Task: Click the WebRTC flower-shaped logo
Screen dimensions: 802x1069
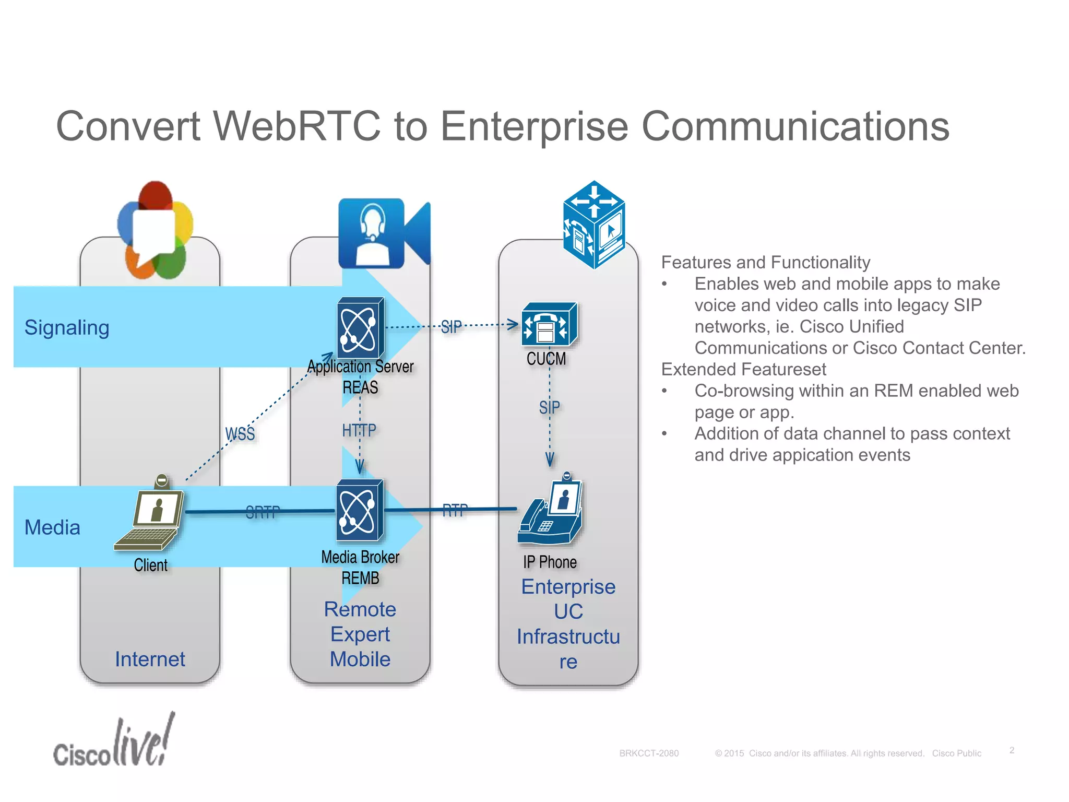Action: click(x=155, y=230)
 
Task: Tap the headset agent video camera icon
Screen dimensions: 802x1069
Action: click(x=384, y=233)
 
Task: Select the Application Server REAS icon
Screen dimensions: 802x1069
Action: click(x=360, y=327)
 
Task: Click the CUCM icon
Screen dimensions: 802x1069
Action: click(x=549, y=324)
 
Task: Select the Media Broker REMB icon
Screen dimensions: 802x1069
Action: click(x=360, y=510)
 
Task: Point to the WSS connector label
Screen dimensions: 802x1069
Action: click(x=240, y=434)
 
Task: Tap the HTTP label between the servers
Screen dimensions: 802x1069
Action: click(x=359, y=430)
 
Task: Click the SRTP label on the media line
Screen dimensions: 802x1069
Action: click(x=263, y=512)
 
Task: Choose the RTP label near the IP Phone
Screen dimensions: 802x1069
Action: click(x=455, y=510)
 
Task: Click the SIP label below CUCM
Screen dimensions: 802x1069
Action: click(x=549, y=407)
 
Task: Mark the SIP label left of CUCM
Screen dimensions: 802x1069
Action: click(x=451, y=327)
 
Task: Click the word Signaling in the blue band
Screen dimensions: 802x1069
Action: click(x=67, y=327)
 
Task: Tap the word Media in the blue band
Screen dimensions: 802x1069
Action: click(x=52, y=527)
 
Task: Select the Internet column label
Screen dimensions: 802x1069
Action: click(x=150, y=659)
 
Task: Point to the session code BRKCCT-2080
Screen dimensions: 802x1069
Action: click(x=649, y=753)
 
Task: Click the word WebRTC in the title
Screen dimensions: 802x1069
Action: click(x=298, y=126)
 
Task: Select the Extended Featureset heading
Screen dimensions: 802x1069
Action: click(x=743, y=369)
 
